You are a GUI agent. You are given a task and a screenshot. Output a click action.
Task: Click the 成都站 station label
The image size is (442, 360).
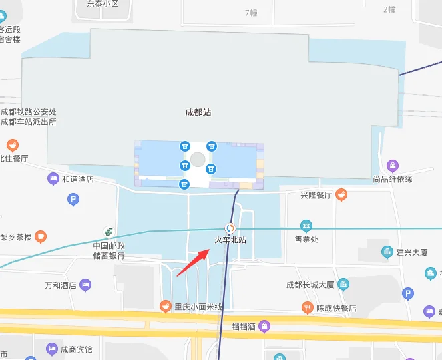[198, 112]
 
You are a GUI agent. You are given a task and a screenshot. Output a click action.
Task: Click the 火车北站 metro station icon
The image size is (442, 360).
[230, 228]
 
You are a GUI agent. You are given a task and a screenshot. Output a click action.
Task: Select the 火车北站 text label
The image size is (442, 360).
[230, 240]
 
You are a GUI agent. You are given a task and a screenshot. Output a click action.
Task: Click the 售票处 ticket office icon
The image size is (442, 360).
[306, 226]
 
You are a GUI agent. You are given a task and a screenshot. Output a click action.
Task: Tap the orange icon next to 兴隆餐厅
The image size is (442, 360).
[341, 195]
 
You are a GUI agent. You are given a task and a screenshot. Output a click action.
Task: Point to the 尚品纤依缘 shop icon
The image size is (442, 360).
[393, 166]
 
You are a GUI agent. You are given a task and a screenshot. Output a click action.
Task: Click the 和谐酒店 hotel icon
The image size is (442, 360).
[53, 178]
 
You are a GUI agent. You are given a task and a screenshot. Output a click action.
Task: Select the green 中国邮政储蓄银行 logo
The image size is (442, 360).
[108, 232]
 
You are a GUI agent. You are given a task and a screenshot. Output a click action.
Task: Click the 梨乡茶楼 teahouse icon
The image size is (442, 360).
[41, 236]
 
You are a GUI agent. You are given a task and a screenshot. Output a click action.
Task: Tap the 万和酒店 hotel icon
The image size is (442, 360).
[85, 285]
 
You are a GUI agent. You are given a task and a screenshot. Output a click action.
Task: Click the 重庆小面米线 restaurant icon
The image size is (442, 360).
[165, 306]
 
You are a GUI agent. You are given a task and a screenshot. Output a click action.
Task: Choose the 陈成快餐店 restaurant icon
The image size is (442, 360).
[308, 307]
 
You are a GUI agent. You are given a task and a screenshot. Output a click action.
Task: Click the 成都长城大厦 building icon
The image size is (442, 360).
[343, 284]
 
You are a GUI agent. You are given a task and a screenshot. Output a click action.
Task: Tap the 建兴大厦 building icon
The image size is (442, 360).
[387, 252]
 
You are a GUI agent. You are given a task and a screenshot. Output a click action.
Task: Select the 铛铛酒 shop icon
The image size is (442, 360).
[265, 326]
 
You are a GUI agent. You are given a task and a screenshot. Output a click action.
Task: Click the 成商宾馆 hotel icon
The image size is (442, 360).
[52, 349]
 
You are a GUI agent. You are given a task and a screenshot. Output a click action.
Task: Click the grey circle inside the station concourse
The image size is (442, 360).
[198, 159]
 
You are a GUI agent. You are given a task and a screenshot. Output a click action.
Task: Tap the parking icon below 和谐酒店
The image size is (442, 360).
[73, 199]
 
